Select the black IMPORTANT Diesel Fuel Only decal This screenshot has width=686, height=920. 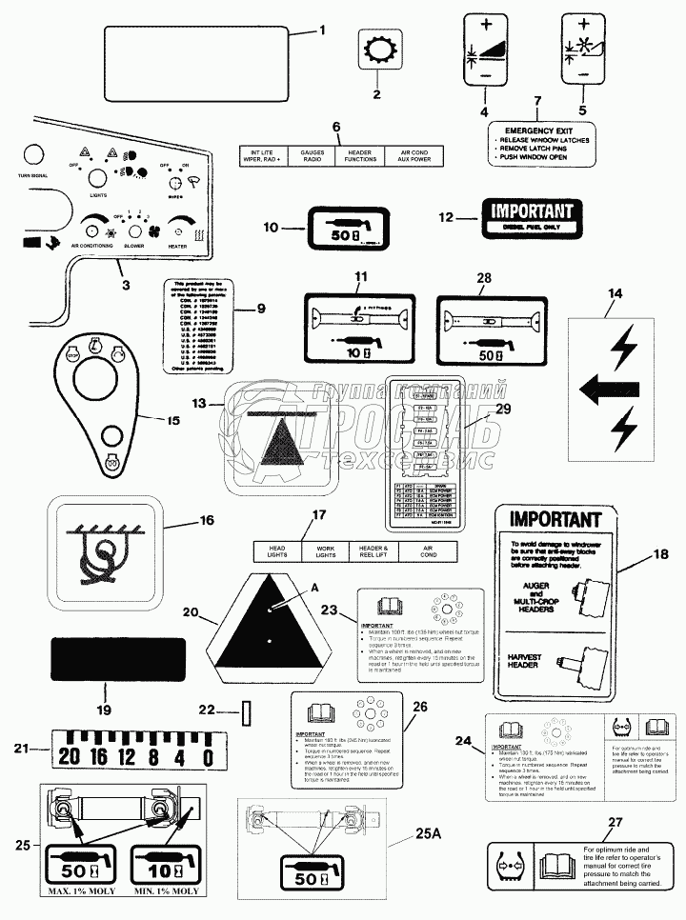[x=531, y=217]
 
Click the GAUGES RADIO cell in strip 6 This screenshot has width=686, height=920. [x=313, y=156]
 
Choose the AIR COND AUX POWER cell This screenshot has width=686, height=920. [x=416, y=156]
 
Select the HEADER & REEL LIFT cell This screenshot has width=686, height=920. [x=373, y=550]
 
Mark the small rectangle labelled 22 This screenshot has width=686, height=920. [x=247, y=712]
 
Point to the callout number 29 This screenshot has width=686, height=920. [x=504, y=408]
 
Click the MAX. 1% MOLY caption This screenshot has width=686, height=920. [x=79, y=890]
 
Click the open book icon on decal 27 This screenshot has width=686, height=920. [x=554, y=868]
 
